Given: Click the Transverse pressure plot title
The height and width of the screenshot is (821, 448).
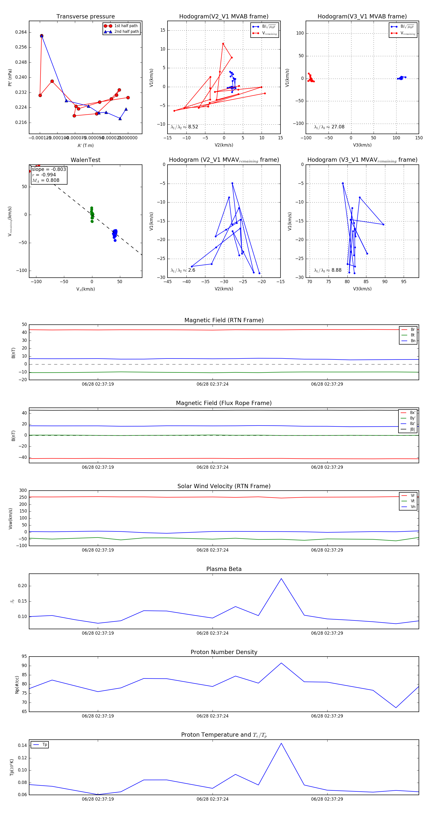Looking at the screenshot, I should pos(85,17).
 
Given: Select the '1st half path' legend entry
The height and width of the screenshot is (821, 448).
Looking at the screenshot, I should pos(126,26).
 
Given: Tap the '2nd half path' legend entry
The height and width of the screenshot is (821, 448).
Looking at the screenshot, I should pos(126,32).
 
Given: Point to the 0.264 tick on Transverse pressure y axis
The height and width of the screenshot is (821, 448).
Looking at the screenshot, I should pos(21,32).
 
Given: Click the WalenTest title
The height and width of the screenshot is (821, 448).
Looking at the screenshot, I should pos(85,160).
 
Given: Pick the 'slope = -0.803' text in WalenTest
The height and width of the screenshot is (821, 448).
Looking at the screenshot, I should pos(49,169).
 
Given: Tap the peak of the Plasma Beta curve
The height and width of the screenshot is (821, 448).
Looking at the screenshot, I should pos(281,578).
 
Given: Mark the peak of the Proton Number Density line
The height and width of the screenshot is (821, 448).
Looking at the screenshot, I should pos(281,663).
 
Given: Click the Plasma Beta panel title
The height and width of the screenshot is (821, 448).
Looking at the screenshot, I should pos(224,569).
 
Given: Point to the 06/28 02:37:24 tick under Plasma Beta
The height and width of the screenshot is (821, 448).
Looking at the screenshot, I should pos(212,633).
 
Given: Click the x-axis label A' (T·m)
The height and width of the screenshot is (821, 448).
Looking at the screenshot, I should pos(85,146).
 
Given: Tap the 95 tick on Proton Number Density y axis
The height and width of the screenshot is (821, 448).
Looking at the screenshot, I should pos(24,657).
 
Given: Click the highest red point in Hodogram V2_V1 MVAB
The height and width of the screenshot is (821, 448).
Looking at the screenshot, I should pos(223,44).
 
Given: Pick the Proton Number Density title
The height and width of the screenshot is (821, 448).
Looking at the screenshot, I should pos(224,652).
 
